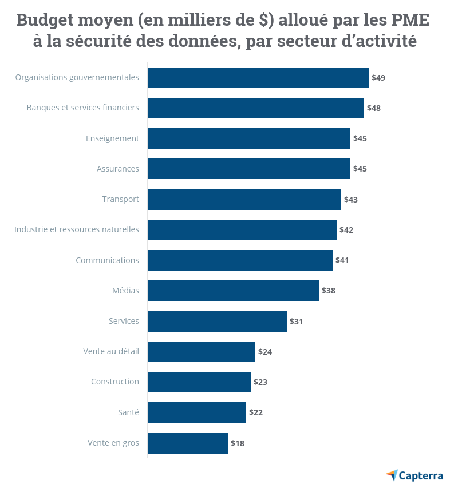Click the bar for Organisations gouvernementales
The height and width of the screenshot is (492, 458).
[258, 78]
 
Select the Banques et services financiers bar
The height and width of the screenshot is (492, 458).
[256, 108]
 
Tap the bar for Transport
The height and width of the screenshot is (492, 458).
[244, 200]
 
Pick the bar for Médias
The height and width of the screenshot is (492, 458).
[233, 291]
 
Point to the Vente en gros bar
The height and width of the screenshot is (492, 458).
[188, 443]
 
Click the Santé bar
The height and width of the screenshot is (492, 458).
[197, 412]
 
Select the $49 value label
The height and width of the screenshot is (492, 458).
[378, 78]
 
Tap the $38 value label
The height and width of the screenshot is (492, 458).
[329, 291]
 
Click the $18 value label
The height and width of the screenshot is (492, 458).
[238, 443]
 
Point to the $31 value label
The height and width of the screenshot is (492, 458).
[297, 322]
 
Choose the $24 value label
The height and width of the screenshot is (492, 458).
[265, 352]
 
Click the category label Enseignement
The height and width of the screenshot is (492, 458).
[112, 138]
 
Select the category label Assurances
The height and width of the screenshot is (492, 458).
[118, 169]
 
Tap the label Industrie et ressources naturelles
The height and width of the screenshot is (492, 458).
[77, 229]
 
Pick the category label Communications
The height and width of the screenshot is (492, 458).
[107, 260]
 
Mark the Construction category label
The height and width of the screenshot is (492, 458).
[115, 382]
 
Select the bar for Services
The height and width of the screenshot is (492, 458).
[218, 322]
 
